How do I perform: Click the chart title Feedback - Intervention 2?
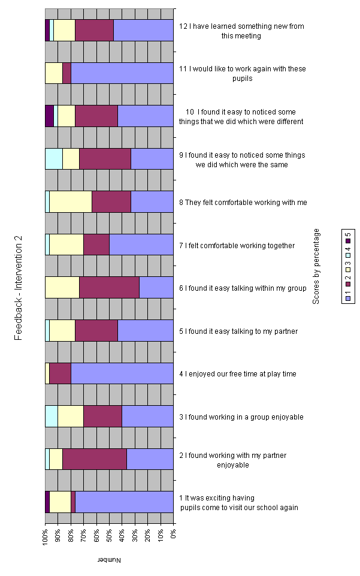(x=19, y=288)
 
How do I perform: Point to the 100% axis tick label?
(x=45, y=536)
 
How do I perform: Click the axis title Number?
(x=109, y=560)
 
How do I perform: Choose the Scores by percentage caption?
(x=316, y=266)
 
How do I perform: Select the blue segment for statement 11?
(x=122, y=73)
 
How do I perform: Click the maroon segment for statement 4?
(x=60, y=373)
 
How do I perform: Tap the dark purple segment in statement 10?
(x=49, y=116)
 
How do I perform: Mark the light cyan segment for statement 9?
(x=53, y=159)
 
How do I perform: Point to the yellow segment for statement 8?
(x=70, y=202)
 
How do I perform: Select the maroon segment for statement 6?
(x=109, y=288)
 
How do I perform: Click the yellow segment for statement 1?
(x=60, y=502)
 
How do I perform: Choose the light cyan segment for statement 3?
(x=52, y=417)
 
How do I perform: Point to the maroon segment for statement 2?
(x=94, y=459)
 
